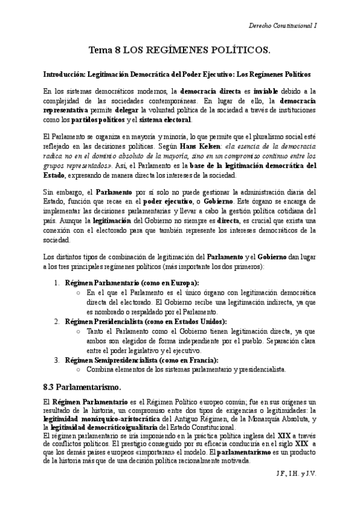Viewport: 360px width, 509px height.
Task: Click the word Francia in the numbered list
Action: [x=203, y=360]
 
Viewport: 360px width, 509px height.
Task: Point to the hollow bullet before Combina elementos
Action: [x=80, y=369]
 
